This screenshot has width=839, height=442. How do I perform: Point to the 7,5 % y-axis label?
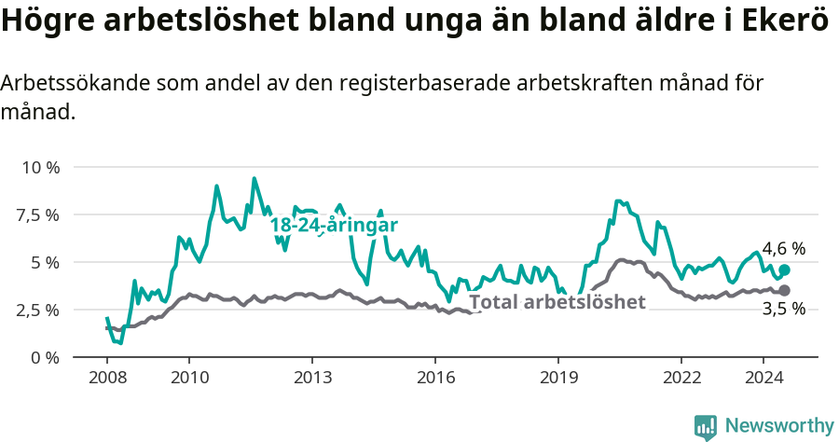pyautogui.click(x=37, y=215)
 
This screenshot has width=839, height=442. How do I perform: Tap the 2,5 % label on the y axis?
pyautogui.click(x=37, y=310)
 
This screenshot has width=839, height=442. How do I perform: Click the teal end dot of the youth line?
pyautogui.click(x=784, y=270)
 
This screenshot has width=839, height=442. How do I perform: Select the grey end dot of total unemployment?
pyautogui.click(x=784, y=291)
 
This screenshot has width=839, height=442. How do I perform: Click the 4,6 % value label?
pyautogui.click(x=783, y=249)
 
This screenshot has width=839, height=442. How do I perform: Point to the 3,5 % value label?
pyautogui.click(x=783, y=310)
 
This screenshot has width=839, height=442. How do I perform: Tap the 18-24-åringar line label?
pyautogui.click(x=334, y=225)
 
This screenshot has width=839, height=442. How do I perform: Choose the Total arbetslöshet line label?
pyautogui.click(x=557, y=302)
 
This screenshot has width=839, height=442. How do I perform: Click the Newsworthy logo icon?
pyautogui.click(x=706, y=427)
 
